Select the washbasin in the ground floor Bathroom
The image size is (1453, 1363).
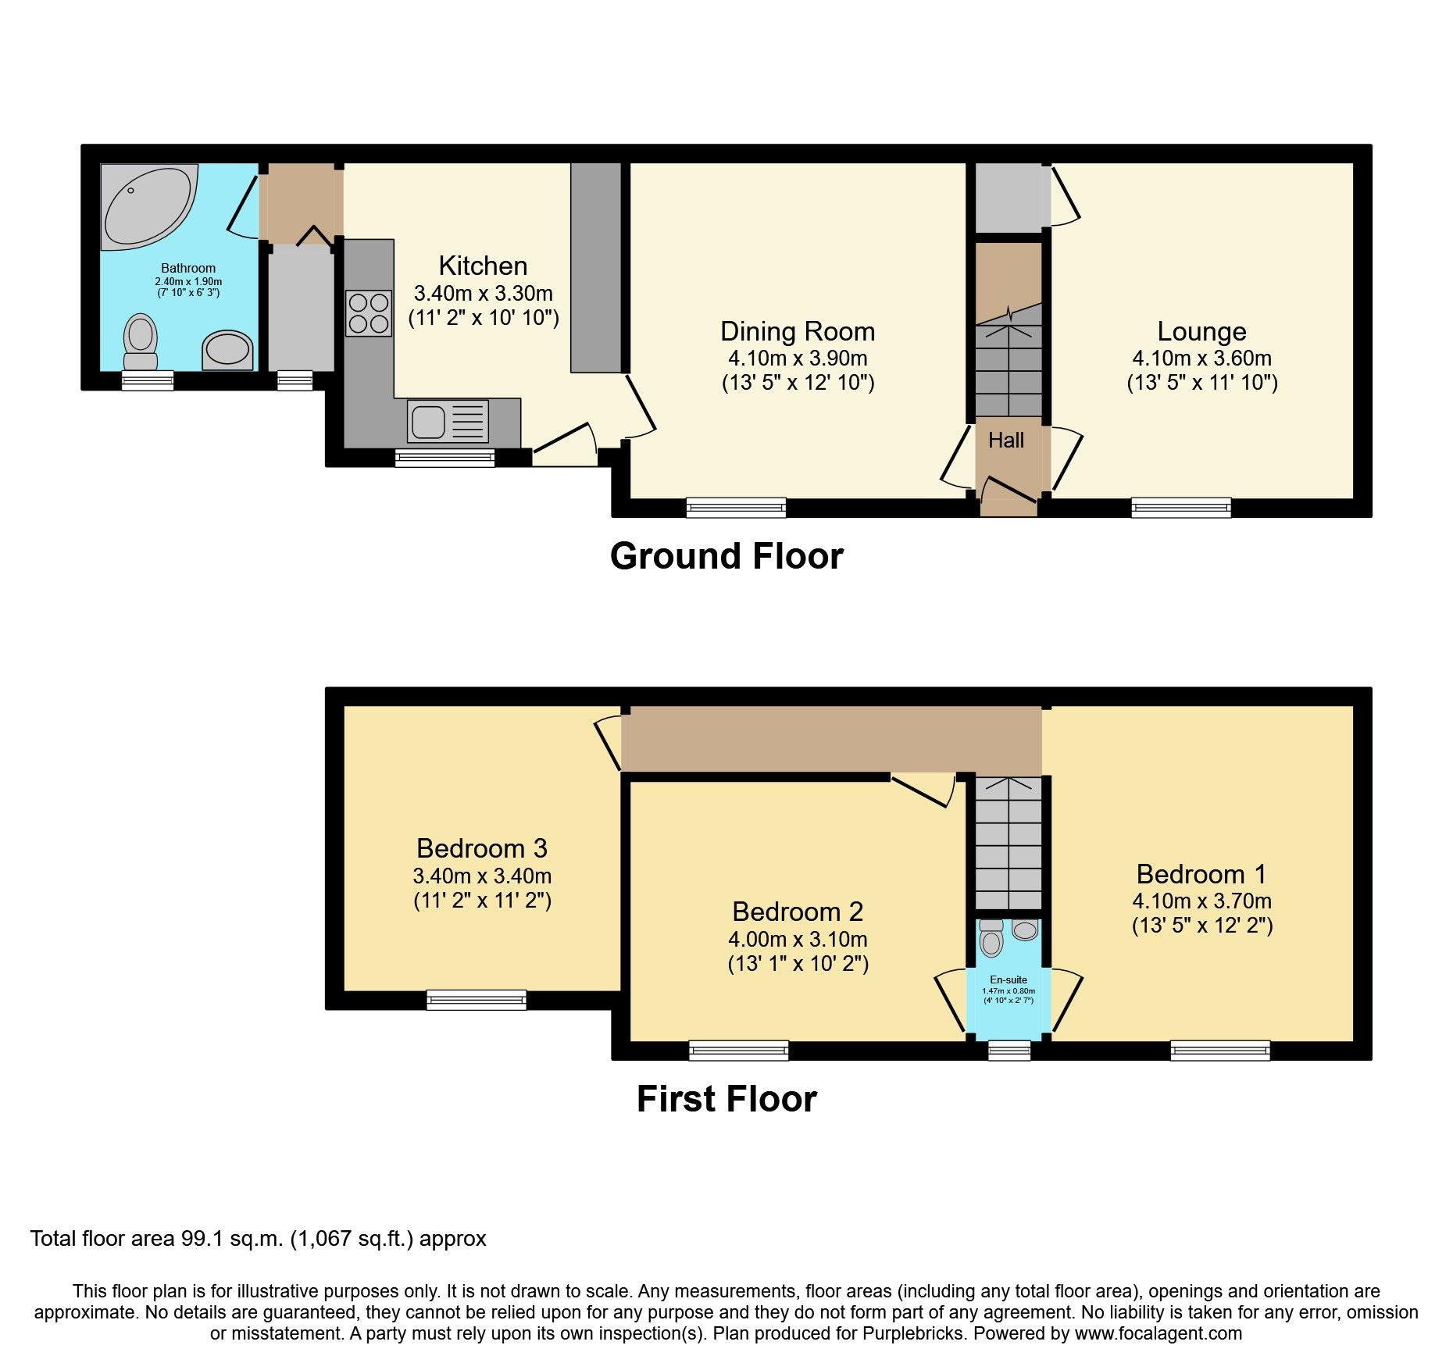(227, 350)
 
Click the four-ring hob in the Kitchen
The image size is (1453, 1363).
(369, 313)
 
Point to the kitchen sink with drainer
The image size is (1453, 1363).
(448, 422)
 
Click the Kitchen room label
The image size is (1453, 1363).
(483, 266)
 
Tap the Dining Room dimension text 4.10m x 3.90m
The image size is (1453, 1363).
(797, 359)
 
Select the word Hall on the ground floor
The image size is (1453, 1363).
(1005, 441)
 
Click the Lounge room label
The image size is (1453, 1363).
(1201, 331)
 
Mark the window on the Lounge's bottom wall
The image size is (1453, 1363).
(1180, 508)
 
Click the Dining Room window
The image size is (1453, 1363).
(736, 508)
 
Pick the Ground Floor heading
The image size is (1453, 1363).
(726, 557)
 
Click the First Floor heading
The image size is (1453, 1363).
(726, 1099)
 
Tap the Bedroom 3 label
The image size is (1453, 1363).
(482, 848)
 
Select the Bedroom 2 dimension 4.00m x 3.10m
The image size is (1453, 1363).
(797, 939)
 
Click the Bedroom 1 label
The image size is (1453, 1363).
(1201, 874)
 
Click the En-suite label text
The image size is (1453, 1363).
(1009, 979)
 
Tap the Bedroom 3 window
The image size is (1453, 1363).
(476, 1000)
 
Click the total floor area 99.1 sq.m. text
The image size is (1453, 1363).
(258, 1239)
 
